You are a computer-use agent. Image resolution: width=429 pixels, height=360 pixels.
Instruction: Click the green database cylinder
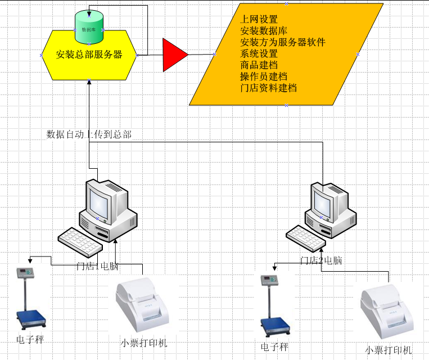89,28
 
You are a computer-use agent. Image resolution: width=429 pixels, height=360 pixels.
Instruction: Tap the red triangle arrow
174,55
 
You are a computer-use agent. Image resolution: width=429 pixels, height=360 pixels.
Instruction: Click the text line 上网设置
259,20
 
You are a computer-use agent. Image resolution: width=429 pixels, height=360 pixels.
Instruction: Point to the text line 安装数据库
263,31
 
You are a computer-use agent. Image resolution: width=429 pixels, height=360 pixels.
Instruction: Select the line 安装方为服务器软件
282,42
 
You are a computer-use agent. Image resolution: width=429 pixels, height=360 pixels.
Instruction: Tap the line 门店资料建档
268,88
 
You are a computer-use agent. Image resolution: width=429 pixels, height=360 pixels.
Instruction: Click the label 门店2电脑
321,260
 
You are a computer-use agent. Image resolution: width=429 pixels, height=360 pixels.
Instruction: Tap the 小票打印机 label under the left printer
144,343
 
